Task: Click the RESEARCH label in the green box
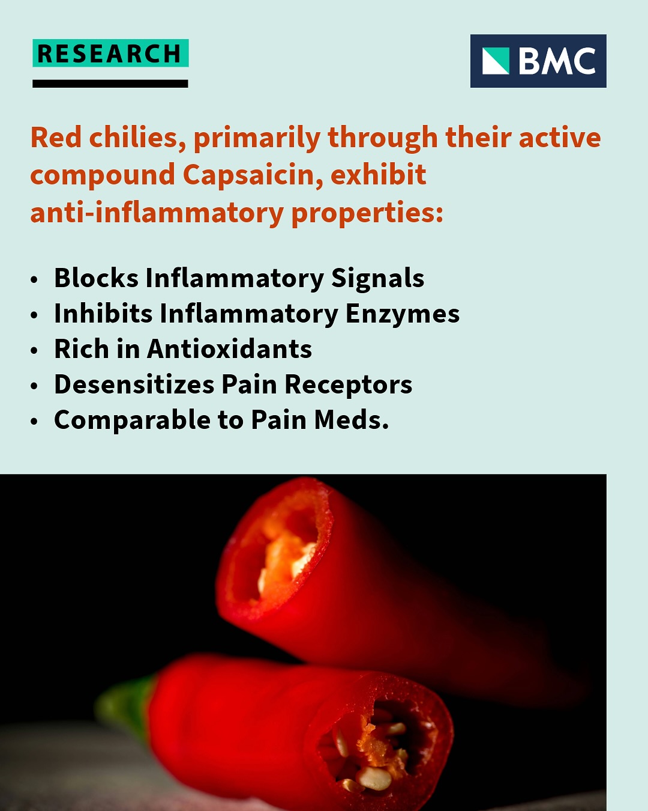pyautogui.click(x=110, y=53)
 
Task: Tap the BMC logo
pyautogui.click(x=538, y=61)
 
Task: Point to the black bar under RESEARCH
pyautogui.click(x=110, y=84)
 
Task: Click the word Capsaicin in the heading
pyautogui.click(x=253, y=175)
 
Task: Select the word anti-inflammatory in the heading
pyautogui.click(x=157, y=212)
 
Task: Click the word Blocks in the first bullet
pyautogui.click(x=97, y=278)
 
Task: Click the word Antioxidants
pyautogui.click(x=229, y=348)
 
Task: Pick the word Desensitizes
pyautogui.click(x=134, y=384)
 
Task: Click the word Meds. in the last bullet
pyautogui.click(x=351, y=420)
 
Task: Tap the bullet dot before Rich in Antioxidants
pyautogui.click(x=34, y=350)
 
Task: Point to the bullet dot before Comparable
pyautogui.click(x=34, y=421)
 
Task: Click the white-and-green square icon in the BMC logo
pyautogui.click(x=496, y=61)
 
